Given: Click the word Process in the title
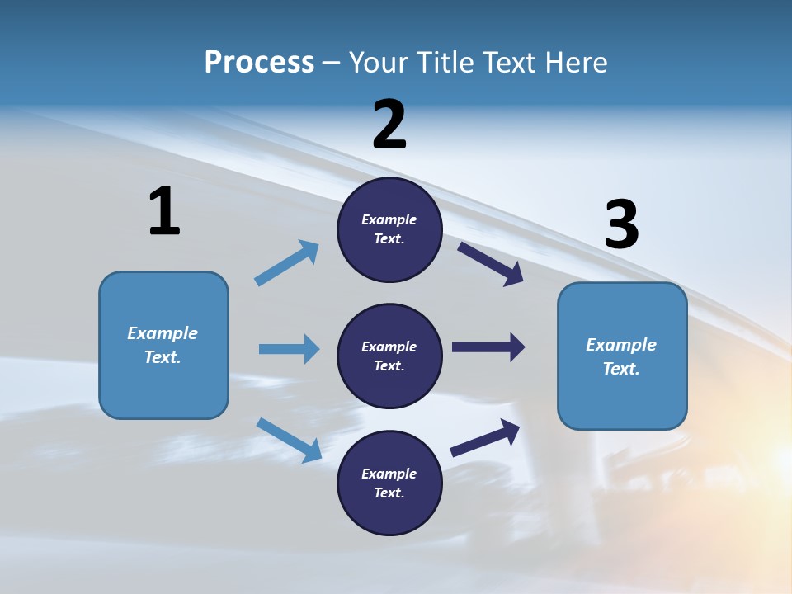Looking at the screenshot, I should click(259, 62).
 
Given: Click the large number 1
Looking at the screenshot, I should click(164, 212).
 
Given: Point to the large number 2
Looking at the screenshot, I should click(389, 125).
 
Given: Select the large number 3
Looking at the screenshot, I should click(621, 225).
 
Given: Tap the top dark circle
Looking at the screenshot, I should click(389, 229).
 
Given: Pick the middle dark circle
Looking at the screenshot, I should click(389, 356).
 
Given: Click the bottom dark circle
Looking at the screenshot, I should click(389, 483).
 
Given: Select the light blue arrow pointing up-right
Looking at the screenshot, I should click(287, 263).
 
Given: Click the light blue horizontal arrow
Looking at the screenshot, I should click(289, 349).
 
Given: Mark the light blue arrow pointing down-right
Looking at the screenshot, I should click(289, 440).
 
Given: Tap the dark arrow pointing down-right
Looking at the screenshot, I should click(490, 263).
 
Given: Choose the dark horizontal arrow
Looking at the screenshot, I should click(488, 347).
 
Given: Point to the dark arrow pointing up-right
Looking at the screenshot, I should click(485, 437).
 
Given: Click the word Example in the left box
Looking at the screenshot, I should click(163, 333).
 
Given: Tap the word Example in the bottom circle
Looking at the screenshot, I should click(389, 474).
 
